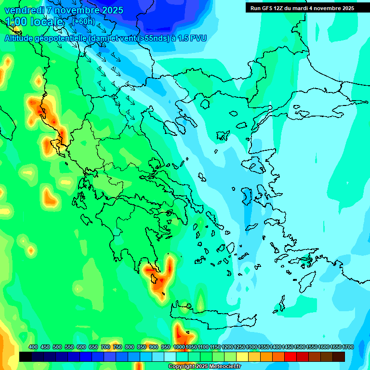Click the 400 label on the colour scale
33,347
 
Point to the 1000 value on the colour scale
179,347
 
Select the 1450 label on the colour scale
288,347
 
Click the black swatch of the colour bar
26,357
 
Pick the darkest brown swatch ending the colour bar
339,357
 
